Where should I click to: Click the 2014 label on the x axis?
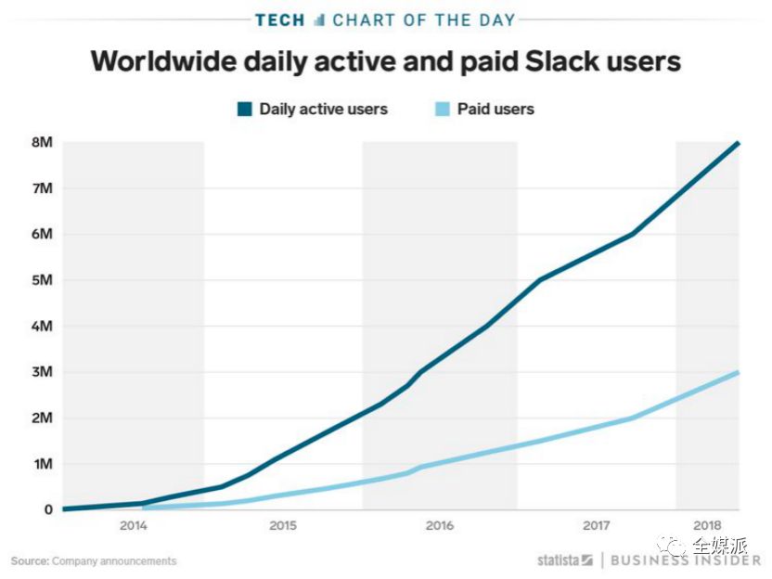(x=134, y=526)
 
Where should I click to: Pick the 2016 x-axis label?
(x=439, y=526)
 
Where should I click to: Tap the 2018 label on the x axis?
(x=706, y=526)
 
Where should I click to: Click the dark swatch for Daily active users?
(x=245, y=109)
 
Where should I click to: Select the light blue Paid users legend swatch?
(x=443, y=109)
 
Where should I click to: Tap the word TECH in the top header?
(x=280, y=19)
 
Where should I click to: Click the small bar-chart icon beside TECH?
(x=319, y=19)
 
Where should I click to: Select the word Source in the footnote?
(x=29, y=560)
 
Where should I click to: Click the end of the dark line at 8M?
(x=739, y=143)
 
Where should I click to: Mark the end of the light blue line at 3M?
(x=739, y=372)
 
